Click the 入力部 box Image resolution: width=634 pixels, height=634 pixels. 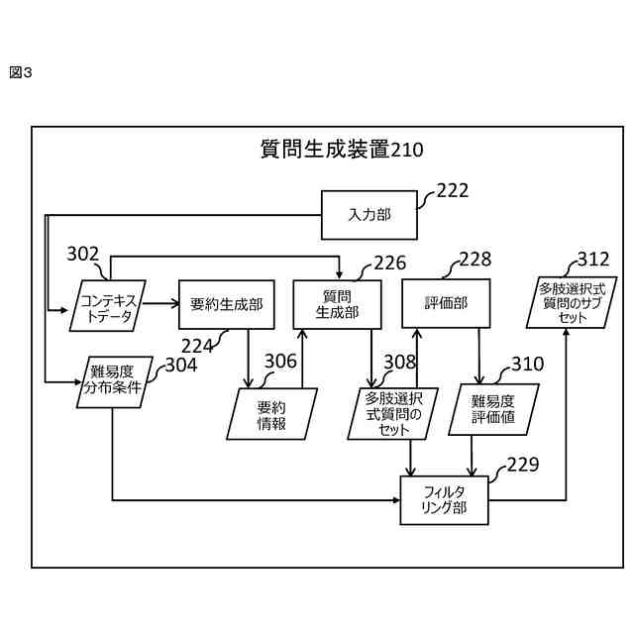pyautogui.click(x=369, y=215)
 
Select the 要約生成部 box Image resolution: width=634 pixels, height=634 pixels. pyautogui.click(x=225, y=304)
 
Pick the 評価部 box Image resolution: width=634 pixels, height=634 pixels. pyautogui.click(x=446, y=304)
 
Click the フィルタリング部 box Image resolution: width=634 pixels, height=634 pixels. pyautogui.click(x=444, y=500)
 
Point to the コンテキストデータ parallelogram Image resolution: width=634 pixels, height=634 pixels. pyautogui.click(x=108, y=305)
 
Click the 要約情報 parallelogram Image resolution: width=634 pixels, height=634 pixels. pyautogui.click(x=271, y=414)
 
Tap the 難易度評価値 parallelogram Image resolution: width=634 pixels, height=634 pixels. pyautogui.click(x=492, y=408)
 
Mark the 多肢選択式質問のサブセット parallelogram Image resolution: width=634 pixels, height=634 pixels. pyautogui.click(x=567, y=302)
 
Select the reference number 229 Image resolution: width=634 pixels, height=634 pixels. pyautogui.click(x=523, y=464)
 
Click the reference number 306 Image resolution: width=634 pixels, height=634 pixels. pyautogui.click(x=280, y=361)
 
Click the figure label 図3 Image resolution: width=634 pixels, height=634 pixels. pyautogui.click(x=21, y=72)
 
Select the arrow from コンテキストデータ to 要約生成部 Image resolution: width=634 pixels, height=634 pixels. pyautogui.click(x=161, y=305)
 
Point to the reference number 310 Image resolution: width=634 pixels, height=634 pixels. pyautogui.click(x=527, y=365)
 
